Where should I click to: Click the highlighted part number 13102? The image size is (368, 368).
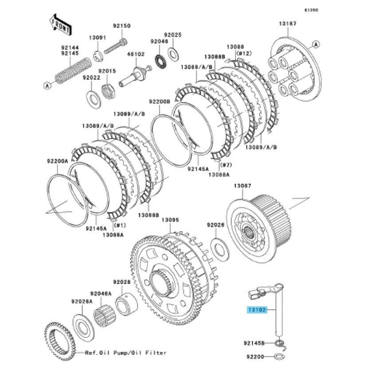pyautogui.click(x=257, y=310)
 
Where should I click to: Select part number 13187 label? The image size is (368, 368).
pyautogui.click(x=287, y=23)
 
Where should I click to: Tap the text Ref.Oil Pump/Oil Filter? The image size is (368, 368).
pyautogui.click(x=126, y=353)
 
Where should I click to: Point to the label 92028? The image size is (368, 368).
pyautogui.click(x=121, y=282)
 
